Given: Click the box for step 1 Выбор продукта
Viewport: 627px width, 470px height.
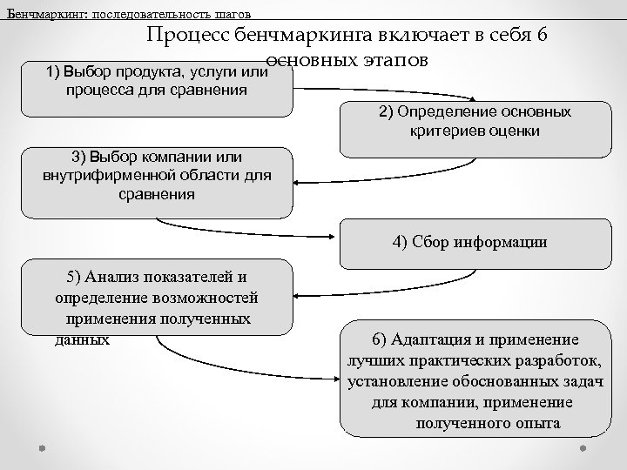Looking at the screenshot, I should [157, 87].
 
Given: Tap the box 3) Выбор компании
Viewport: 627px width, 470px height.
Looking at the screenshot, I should [157, 183].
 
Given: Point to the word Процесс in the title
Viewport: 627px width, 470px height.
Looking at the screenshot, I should [185, 35].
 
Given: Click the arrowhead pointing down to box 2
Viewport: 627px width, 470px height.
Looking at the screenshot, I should [475, 101].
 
